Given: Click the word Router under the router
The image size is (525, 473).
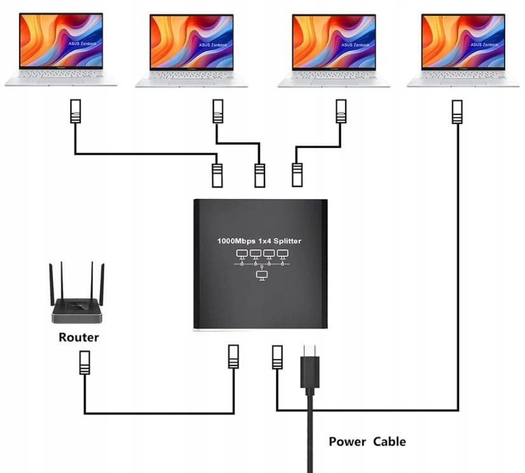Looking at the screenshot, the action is click(79, 338).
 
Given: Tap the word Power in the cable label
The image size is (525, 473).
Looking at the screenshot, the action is click(348, 441).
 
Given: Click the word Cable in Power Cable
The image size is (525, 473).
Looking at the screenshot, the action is click(390, 441).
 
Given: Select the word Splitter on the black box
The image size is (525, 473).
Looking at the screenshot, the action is click(287, 241).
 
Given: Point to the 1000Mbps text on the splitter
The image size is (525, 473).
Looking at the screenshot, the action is click(236, 241).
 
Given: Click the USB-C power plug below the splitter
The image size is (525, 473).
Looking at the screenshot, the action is click(310, 369).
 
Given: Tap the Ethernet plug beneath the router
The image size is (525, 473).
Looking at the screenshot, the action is click(85, 363).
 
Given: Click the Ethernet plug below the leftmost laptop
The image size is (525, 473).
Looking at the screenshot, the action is click(76, 111).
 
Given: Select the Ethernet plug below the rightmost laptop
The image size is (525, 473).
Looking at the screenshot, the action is click(457, 112).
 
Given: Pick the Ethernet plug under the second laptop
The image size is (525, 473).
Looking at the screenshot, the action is click(218, 111).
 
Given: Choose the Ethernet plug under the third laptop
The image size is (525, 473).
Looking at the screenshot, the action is click(341, 111).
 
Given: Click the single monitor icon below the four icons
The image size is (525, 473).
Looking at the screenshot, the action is click(262, 275).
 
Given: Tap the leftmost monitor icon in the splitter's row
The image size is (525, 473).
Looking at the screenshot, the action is click(242, 254).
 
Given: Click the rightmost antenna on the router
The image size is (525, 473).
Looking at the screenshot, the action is click(102, 285).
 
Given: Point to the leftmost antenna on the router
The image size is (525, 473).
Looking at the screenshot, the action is click(51, 285).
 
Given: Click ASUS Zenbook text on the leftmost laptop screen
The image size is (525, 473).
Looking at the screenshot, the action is click(83, 43).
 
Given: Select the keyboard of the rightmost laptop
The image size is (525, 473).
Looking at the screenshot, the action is click(463, 75).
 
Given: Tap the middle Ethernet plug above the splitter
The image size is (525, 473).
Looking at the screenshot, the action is click(260, 175).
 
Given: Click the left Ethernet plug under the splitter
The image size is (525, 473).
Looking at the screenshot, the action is click(233, 357).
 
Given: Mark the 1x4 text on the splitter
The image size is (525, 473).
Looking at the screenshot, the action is click(264, 241).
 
